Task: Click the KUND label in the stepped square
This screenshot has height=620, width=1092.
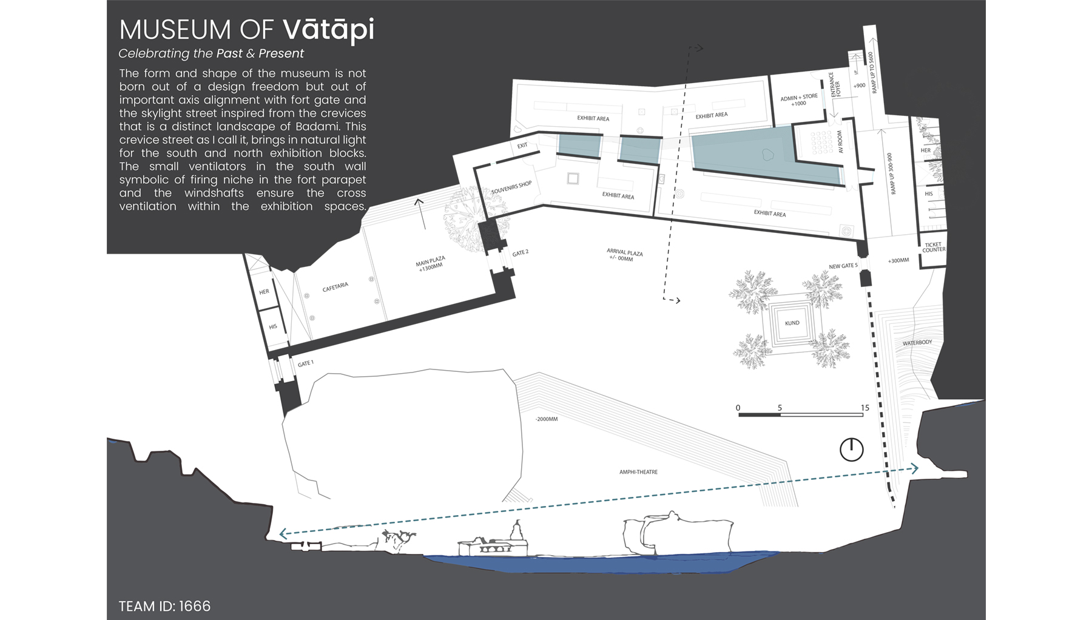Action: [792, 323]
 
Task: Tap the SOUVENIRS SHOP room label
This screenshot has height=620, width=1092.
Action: [511, 187]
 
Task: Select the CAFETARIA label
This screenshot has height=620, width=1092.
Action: [335, 287]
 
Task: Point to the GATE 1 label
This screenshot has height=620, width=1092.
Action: [305, 363]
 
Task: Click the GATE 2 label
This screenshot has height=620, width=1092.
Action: [520, 252]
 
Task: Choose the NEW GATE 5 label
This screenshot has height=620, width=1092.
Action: [843, 266]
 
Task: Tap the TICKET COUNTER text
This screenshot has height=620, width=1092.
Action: [933, 247]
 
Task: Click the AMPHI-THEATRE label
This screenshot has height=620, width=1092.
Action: [638, 471]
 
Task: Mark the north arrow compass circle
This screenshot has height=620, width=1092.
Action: [851, 450]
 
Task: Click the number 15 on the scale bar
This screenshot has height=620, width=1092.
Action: [864, 408]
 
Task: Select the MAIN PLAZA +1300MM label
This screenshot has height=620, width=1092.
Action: [431, 263]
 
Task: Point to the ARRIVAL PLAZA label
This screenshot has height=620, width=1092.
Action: [624, 254]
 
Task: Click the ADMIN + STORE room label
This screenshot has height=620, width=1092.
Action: [798, 99]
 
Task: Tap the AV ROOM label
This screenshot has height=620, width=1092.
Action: [840, 141]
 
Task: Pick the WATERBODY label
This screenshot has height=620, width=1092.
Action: [917, 343]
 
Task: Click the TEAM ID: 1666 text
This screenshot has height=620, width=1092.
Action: [164, 606]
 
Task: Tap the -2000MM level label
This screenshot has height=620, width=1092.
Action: [546, 419]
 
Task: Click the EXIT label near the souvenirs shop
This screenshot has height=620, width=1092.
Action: [522, 146]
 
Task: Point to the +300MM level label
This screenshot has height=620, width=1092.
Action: [898, 260]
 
